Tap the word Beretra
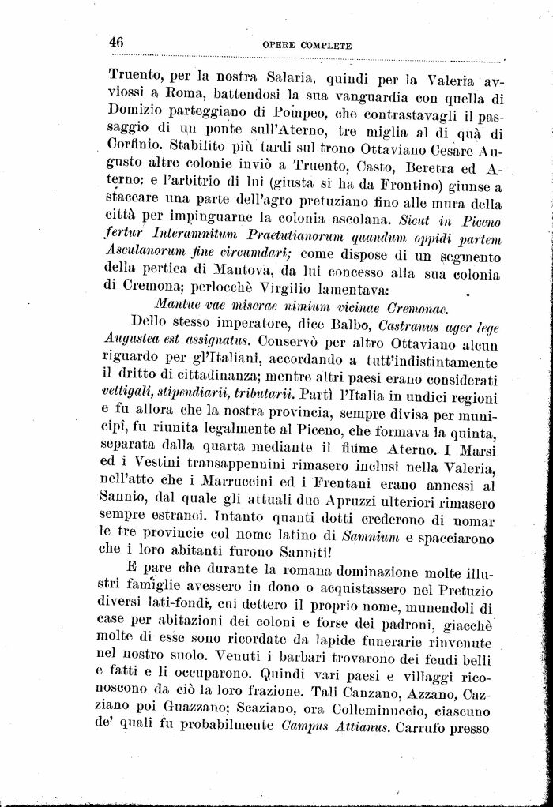pyautogui.click(x=435, y=167)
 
